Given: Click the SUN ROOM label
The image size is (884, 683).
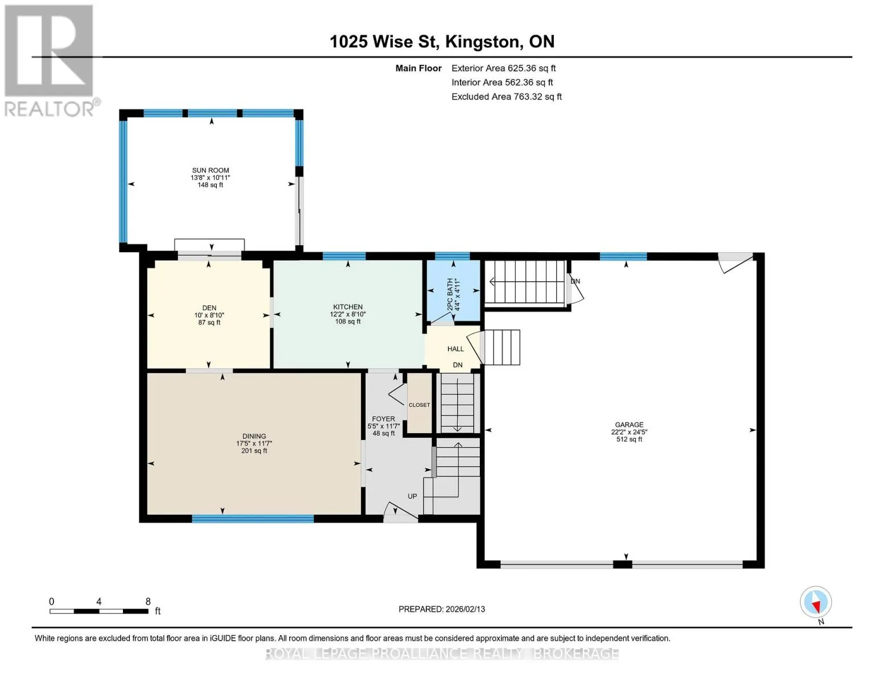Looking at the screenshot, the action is point(210,170).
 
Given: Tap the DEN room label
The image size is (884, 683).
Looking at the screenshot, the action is point(209,308).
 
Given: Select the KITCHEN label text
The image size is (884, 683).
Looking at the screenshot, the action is point(348,307).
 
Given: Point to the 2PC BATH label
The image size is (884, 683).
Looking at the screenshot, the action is point(450,294).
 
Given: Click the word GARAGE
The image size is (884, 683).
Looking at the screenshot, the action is point(629,425).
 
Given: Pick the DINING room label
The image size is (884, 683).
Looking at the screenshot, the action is point(254,436).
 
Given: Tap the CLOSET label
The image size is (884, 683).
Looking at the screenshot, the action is point(419,405).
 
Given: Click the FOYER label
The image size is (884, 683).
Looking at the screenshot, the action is point(383,418).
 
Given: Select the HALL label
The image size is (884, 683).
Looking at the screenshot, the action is point(455,349).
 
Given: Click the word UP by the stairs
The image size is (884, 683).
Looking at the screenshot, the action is point(412,496).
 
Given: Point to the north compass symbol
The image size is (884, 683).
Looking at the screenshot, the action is point(816,602).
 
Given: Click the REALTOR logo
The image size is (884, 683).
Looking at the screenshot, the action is point(50,60).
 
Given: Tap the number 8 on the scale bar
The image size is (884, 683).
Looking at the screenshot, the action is point(148,601).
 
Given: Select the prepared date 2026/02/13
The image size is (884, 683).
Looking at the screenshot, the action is point(466,609).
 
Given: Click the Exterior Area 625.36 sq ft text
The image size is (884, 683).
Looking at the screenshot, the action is point(503,68).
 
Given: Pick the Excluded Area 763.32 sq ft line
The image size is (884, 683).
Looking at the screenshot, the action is point(507,97).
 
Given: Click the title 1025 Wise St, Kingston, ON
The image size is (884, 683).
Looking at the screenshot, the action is point(442,42).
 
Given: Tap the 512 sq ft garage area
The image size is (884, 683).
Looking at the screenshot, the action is point(629,439).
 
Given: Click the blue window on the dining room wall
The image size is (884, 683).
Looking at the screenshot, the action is point(253,519).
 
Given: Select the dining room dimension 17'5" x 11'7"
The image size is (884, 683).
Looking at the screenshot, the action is point(254,443).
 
